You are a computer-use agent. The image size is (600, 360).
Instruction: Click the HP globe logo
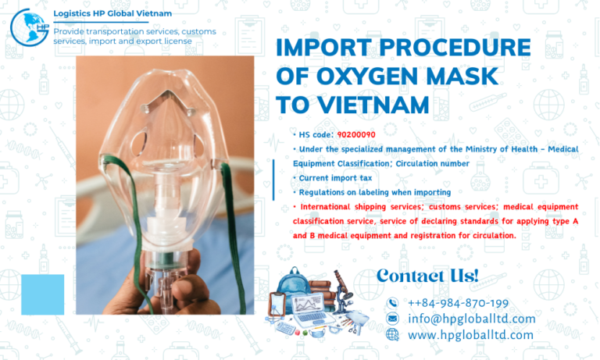[29, 26]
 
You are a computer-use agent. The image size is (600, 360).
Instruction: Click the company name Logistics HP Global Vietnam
[111, 14]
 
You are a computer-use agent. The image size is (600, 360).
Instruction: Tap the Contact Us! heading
[427, 276]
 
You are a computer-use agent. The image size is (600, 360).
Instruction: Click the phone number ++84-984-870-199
[458, 302]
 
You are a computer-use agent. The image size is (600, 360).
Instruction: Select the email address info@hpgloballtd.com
[471, 319]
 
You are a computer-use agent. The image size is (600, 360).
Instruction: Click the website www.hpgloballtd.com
[470, 335]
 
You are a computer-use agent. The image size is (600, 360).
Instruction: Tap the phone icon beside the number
[392, 303]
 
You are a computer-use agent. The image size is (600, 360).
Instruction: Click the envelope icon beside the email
[392, 319]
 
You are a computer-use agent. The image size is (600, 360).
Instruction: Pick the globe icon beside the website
[392, 335]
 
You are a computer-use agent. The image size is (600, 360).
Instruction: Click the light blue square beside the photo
[42, 294]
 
